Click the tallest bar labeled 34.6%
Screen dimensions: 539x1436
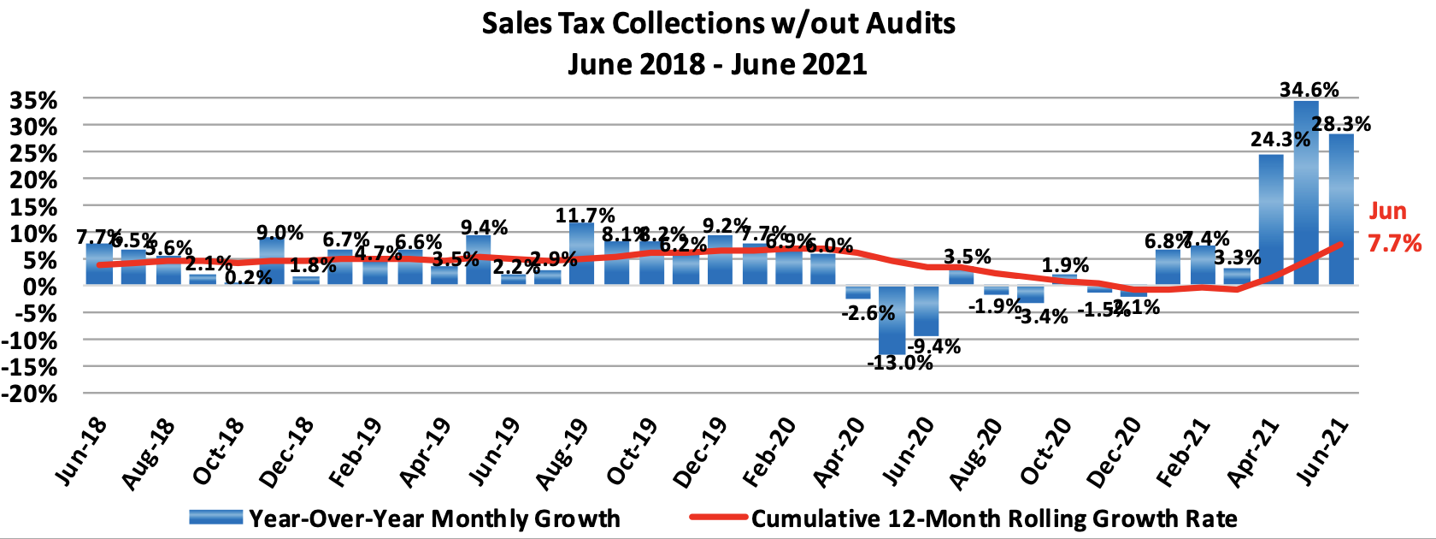click(x=1306, y=192)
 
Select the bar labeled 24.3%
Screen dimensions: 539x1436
click(x=1271, y=219)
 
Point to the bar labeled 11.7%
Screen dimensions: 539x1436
click(x=582, y=253)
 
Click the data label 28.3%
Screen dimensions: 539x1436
click(x=1341, y=124)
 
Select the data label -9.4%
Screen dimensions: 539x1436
click(x=934, y=346)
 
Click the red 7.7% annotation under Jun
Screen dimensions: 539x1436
click(x=1395, y=244)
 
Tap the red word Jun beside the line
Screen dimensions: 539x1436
click(x=1388, y=210)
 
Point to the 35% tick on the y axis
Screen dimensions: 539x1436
click(x=33, y=101)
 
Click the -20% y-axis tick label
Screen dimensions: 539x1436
click(x=30, y=394)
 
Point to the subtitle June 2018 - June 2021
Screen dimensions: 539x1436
click(x=717, y=64)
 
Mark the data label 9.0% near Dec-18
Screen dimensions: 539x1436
click(x=280, y=233)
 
